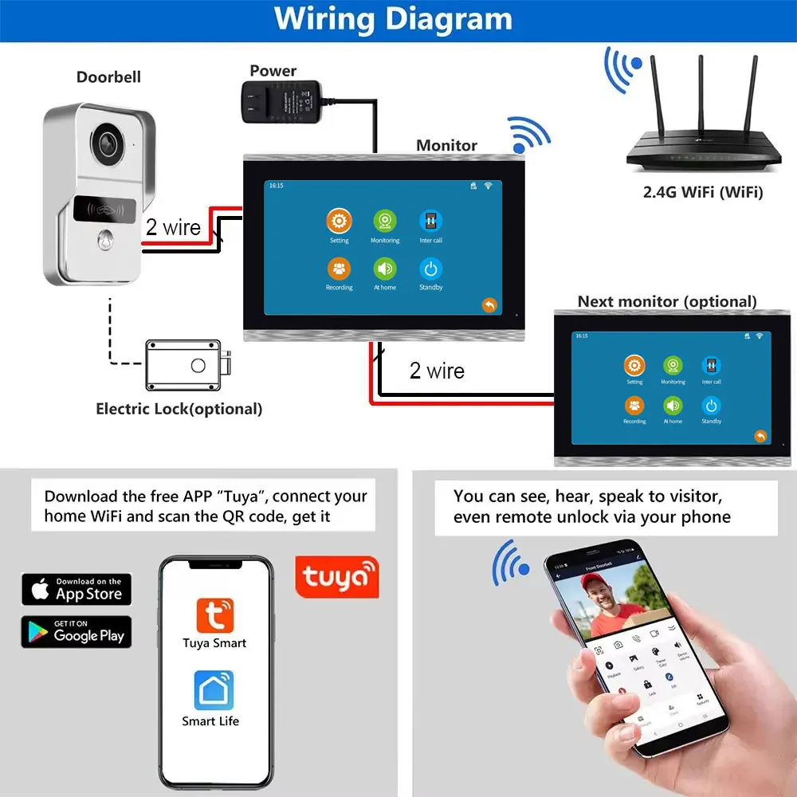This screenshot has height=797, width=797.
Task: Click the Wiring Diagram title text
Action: [393, 19]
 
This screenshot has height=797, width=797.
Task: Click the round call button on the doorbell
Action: [104, 240]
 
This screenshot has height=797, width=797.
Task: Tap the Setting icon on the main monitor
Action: [339, 222]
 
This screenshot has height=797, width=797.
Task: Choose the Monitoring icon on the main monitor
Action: [385, 222]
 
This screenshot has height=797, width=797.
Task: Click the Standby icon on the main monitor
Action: [431, 269]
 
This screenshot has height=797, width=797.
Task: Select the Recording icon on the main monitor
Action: [339, 269]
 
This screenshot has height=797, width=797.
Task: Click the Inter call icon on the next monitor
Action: [711, 366]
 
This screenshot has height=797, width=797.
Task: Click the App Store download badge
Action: [77, 590]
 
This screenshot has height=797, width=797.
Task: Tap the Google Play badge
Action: [77, 632]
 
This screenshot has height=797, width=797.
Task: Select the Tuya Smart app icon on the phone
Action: [214, 615]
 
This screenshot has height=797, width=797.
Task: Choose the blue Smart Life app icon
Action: [213, 690]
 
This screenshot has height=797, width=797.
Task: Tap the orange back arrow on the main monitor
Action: [489, 305]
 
